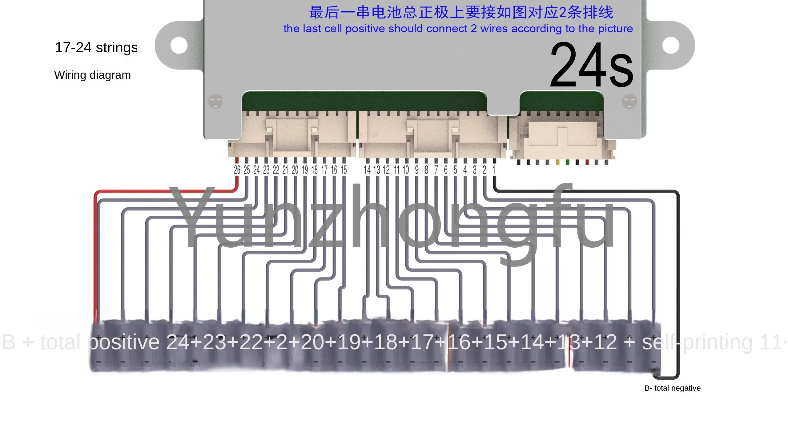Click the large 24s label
(x=591, y=65)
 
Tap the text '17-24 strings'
(x=96, y=48)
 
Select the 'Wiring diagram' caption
(x=92, y=75)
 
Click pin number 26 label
(x=237, y=170)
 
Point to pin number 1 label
(x=494, y=170)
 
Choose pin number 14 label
(x=367, y=170)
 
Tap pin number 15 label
(x=344, y=170)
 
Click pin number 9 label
(x=416, y=170)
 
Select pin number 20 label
(x=295, y=170)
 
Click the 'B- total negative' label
(x=672, y=388)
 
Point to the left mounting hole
(x=179, y=45)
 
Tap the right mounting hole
(x=670, y=45)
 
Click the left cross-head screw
(x=215, y=101)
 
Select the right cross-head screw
(x=629, y=101)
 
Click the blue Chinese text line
(x=461, y=12)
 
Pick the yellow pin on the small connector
(x=557, y=162)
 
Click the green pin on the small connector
(x=567, y=162)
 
